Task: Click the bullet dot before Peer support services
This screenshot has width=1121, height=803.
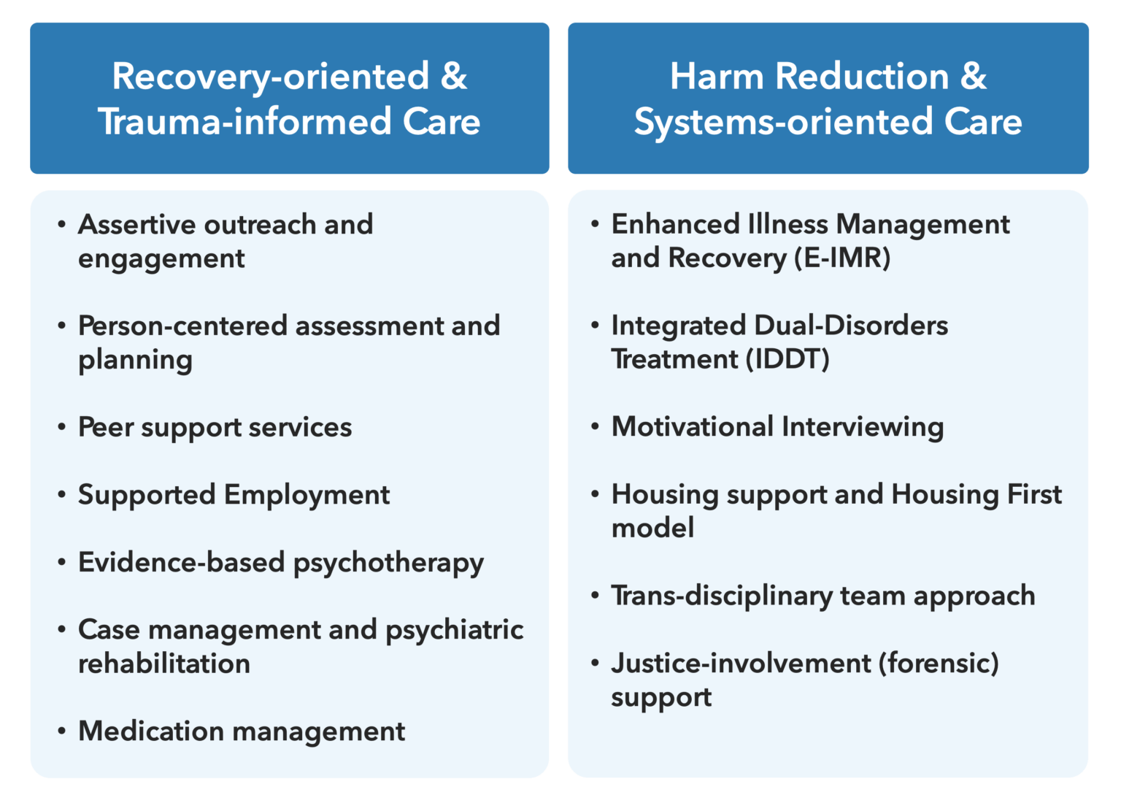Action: tap(62, 427)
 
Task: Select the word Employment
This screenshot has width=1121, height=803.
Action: tap(307, 495)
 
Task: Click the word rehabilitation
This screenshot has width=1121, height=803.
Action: tap(164, 664)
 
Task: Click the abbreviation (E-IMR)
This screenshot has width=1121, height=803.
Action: tap(842, 258)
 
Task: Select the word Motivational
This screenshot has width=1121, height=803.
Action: tap(692, 427)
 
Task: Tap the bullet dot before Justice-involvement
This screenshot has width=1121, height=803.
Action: tap(596, 664)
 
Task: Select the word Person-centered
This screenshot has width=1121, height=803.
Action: tap(182, 326)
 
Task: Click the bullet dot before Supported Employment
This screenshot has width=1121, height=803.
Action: tap(62, 495)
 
